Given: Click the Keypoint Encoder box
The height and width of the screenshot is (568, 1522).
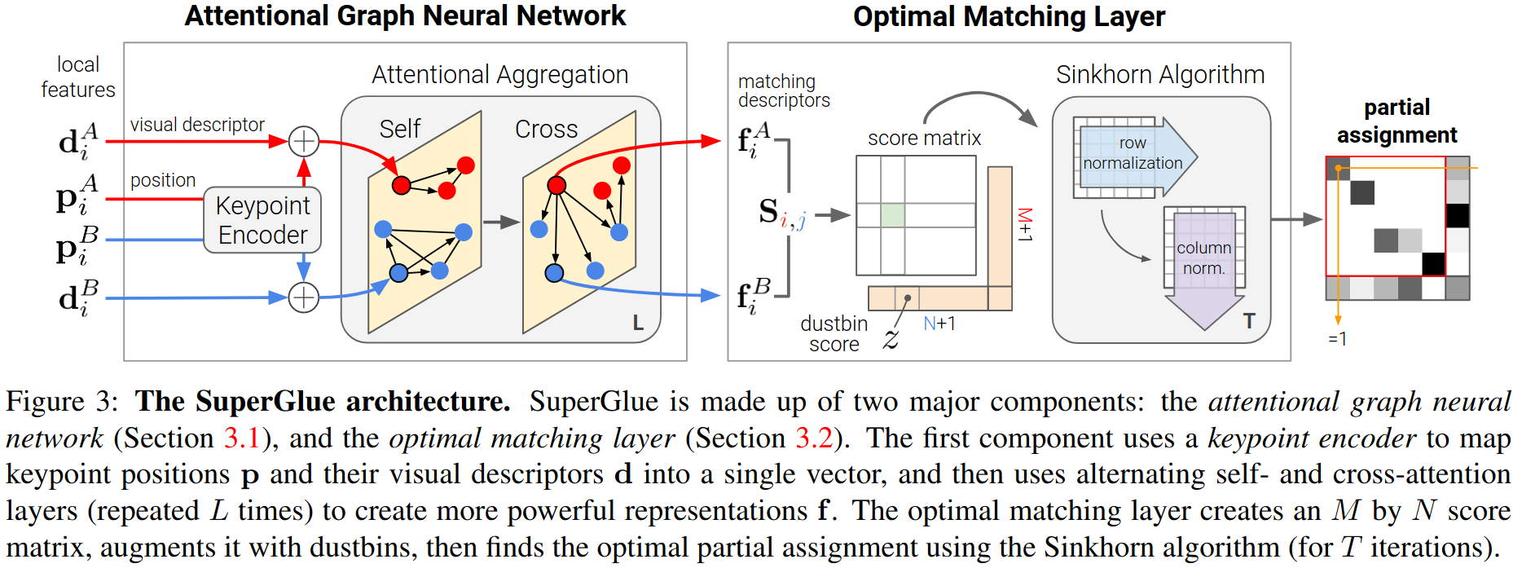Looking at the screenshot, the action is coord(262,220).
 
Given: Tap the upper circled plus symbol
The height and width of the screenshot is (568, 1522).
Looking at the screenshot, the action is coord(304,141).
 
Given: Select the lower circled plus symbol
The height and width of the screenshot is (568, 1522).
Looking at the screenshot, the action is coord(304,297).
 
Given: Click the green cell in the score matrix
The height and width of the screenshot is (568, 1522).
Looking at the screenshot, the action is coord(893,215).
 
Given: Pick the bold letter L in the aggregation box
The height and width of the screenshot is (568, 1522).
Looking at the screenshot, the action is coord(638,324).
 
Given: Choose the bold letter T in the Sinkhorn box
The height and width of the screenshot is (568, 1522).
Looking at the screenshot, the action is coord(1249,321).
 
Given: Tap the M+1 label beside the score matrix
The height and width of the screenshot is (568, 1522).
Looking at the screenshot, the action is coord(1025,225).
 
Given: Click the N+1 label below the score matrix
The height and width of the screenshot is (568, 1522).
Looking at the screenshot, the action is coord(939,324).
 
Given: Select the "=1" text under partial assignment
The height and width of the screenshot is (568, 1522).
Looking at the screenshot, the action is coord(1337,339).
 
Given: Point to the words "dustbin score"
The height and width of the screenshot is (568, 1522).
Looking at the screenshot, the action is coord(834,334).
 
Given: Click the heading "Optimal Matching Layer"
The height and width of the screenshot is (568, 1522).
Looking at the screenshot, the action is coord(1009,16).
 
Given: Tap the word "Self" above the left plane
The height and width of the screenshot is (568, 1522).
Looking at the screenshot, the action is coord(400,129).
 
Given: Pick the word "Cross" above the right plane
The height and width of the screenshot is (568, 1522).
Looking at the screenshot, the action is coord(546,129).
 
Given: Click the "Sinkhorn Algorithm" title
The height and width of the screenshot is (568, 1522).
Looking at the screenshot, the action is coord(1160,75).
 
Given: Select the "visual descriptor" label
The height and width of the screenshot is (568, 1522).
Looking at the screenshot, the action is coord(197,125).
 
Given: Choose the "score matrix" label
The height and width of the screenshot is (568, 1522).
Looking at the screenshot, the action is coord(924,139).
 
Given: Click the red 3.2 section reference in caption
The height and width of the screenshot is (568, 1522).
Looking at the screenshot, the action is coord(814,438).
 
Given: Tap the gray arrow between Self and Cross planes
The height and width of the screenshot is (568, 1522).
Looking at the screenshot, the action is coord(501,222).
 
